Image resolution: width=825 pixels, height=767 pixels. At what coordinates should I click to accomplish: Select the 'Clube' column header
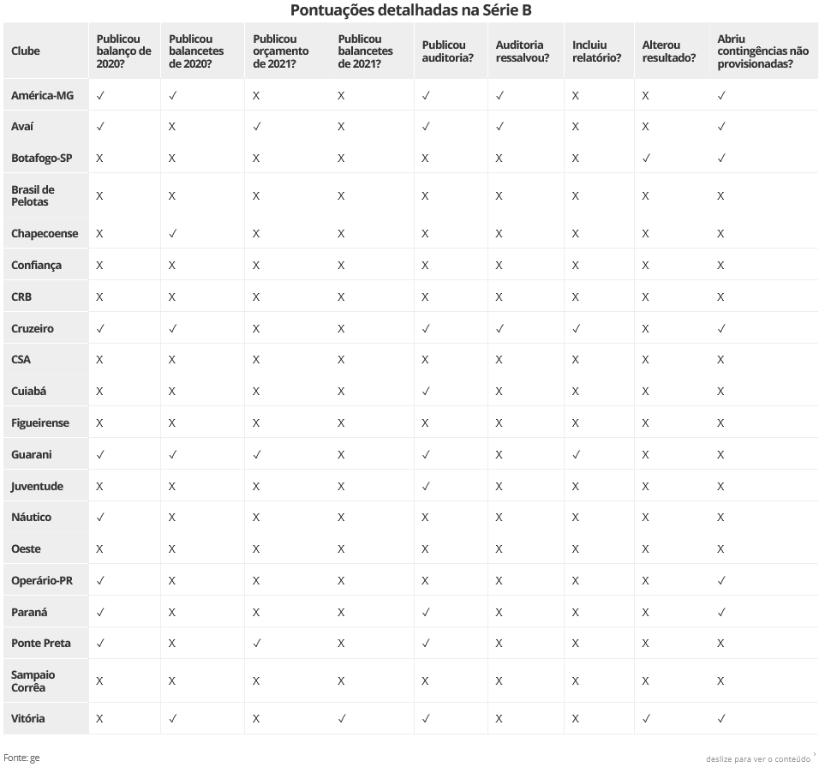(26, 51)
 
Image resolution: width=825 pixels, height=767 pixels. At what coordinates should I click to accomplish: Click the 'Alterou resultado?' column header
(668, 51)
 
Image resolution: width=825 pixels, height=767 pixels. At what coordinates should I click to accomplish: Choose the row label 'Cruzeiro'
(33, 328)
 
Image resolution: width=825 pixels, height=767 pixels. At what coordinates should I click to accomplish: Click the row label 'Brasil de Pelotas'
(33, 195)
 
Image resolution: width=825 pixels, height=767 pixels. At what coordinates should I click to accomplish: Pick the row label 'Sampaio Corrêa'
(33, 681)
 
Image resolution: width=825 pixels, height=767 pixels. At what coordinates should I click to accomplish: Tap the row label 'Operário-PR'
(42, 580)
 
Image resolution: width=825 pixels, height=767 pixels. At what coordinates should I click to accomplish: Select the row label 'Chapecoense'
(45, 234)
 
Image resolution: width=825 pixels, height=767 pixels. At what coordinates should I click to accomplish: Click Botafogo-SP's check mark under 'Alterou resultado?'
(646, 158)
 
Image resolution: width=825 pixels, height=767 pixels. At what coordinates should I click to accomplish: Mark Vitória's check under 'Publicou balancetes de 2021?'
(342, 718)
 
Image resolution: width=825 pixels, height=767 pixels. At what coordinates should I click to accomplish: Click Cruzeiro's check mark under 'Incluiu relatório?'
(576, 328)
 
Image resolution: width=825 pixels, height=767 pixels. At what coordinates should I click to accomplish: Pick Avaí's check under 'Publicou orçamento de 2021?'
(257, 126)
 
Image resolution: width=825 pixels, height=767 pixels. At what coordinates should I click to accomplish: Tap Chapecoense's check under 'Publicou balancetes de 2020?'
(173, 234)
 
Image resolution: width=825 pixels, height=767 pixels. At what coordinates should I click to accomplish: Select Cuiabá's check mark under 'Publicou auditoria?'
(426, 392)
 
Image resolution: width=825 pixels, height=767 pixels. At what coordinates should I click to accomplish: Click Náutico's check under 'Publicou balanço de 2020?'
(100, 518)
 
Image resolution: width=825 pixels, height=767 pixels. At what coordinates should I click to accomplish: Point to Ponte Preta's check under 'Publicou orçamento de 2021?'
(257, 644)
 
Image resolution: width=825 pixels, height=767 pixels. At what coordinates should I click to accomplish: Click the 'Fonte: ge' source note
(21, 758)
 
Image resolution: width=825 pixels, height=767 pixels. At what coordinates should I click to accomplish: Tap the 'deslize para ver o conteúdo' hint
(759, 758)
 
